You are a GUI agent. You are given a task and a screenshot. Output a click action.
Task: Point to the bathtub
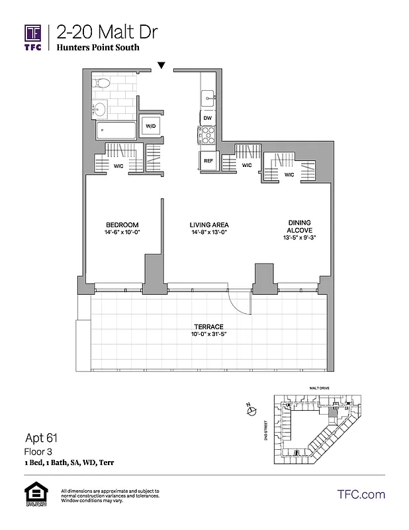pos(115,130)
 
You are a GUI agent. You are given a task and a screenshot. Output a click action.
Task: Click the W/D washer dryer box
pos(150,126)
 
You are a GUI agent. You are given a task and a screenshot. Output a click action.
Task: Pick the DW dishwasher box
pos(208,118)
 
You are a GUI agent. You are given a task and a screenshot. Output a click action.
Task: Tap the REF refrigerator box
pos(208,161)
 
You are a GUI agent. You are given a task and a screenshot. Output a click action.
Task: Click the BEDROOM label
pos(122,224)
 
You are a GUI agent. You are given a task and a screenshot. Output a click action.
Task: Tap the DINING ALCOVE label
pos(299,227)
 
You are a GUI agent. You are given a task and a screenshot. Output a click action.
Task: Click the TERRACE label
pos(208,327)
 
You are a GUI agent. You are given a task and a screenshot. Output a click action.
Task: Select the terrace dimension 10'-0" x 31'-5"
pos(208,334)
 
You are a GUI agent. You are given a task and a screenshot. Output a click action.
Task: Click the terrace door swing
pos(240,303)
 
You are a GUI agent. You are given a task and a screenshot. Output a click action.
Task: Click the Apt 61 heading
pos(43,437)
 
